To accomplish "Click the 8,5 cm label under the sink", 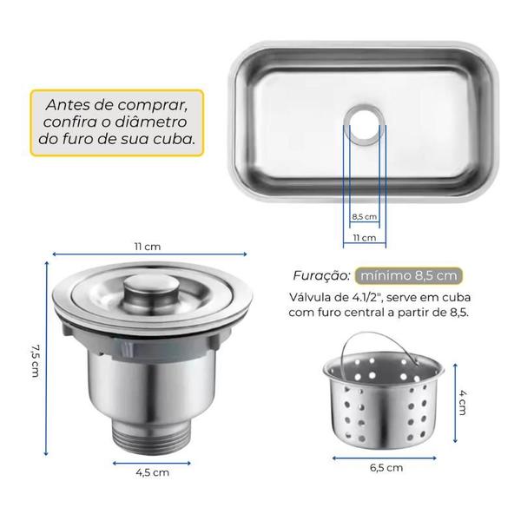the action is [365, 216].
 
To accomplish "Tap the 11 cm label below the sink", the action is [365, 238].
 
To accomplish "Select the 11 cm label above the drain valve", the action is [148, 247].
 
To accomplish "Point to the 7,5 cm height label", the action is [35, 360].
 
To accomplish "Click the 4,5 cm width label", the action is [153, 472].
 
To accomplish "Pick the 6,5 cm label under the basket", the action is [386, 467].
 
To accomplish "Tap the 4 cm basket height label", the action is [463, 402].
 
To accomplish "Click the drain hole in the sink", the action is [365, 125].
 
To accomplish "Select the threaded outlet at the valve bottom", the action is [152, 436].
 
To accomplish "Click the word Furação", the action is [321, 275].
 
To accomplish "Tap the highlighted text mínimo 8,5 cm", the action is [409, 276].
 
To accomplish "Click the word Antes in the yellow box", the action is [68, 105].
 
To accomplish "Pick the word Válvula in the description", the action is [311, 297].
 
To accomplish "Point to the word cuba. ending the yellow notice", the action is [175, 139].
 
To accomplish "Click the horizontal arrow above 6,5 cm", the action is [385, 458].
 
